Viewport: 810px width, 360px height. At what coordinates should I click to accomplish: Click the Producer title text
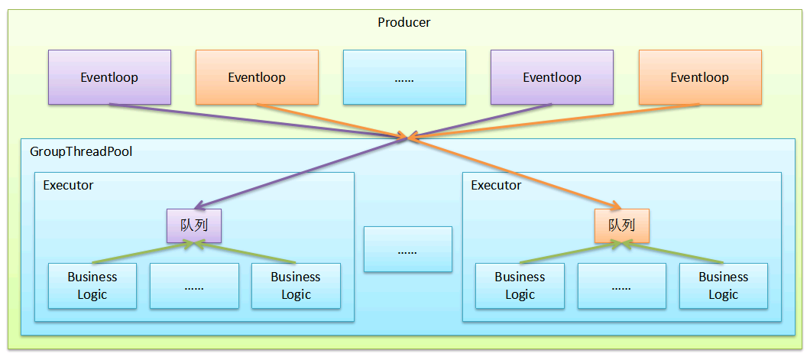point(403,22)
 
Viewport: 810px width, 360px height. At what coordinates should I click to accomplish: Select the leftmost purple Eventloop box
point(109,77)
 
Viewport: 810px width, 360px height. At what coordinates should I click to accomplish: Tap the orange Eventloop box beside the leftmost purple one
point(257,77)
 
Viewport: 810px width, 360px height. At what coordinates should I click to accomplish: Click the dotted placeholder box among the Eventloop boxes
point(404,77)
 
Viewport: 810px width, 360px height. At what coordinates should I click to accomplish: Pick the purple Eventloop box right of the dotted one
point(552,77)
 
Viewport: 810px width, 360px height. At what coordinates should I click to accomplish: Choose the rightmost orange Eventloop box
point(699,77)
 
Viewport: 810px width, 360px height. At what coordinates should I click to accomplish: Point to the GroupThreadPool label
point(81,151)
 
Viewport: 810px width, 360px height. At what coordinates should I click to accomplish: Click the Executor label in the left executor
point(69,185)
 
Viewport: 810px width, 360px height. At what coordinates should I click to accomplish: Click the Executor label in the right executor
point(496,185)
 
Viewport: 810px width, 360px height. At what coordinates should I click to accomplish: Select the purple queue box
point(194,225)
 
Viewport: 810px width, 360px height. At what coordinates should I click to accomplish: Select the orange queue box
point(622,225)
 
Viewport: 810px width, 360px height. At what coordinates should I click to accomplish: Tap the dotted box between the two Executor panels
point(407,249)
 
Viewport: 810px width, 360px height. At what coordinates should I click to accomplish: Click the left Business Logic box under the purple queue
point(92,286)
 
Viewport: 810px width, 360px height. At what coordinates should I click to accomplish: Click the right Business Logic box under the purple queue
point(296,286)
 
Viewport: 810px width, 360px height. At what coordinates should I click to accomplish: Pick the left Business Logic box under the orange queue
point(520,286)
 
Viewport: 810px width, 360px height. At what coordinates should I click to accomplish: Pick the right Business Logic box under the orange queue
point(724,286)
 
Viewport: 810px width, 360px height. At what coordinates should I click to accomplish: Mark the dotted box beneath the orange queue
point(621,286)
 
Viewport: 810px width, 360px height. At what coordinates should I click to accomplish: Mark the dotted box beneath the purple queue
point(194,286)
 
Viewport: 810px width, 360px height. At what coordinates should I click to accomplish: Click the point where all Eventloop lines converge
point(409,138)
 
